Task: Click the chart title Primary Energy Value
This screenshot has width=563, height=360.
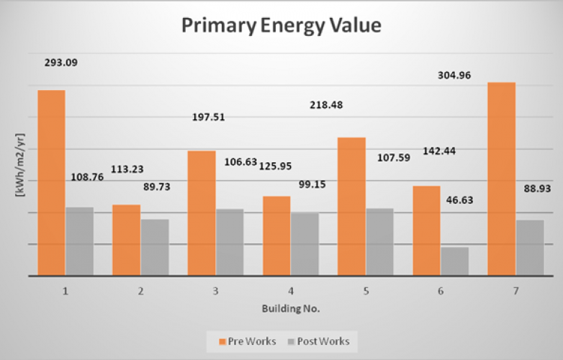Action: pos(281,27)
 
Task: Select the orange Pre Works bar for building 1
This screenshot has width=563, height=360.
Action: pos(51,183)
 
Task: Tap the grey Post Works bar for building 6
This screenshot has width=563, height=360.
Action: pos(454,261)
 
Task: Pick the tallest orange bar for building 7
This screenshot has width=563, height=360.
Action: pos(502,179)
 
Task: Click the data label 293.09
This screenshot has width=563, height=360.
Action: pos(60,63)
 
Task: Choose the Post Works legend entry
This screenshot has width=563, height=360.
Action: pos(320,341)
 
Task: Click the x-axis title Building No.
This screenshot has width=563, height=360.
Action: pos(291,307)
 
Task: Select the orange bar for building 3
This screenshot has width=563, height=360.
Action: pos(202,213)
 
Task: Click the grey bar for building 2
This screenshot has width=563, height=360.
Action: pos(155,247)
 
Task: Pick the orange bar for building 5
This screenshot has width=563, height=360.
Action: pos(351,207)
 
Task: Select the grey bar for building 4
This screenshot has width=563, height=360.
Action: pos(305,244)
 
